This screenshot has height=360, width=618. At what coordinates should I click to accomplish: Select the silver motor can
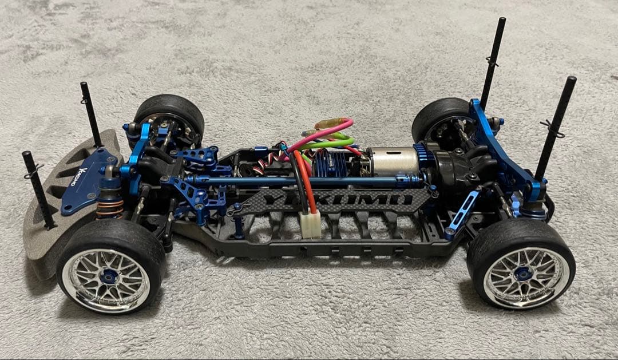coord(393,161)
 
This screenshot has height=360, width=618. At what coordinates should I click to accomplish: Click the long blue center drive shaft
coord(298,181)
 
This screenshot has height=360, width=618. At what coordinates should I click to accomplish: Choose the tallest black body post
coord(494,57)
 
